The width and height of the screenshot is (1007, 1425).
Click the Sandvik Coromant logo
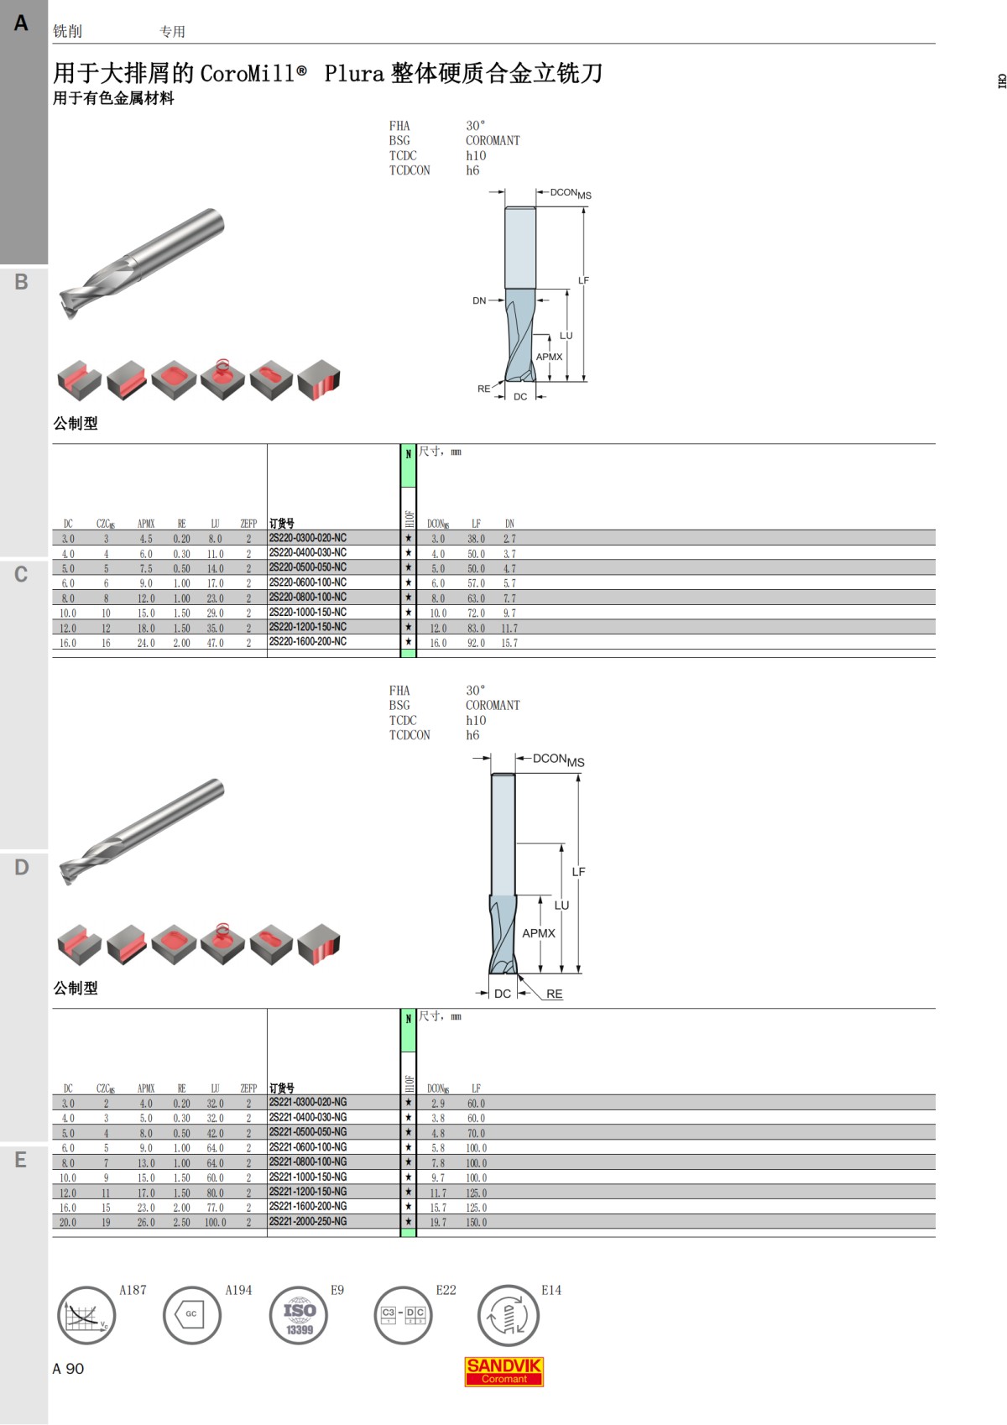pos(503,1371)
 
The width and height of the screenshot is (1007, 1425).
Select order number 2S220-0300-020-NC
pos(307,538)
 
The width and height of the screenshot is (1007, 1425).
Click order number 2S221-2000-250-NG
pos(307,1221)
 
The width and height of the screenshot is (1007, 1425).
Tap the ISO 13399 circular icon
pos(299,1315)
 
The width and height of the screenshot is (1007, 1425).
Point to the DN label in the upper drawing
pos(479,300)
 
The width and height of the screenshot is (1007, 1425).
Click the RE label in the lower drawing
pos(554,994)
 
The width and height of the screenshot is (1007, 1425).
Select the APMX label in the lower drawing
pos(538,933)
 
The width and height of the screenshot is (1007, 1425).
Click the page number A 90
pos(68,1369)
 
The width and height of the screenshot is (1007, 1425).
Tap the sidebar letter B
pos(22,282)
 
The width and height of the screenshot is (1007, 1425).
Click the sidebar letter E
pos(22,1160)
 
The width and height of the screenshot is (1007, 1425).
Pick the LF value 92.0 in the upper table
pos(476,643)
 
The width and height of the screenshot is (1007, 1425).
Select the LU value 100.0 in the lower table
pos(215,1222)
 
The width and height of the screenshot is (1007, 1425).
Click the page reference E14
pos(550,1290)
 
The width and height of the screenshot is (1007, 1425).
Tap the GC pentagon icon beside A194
pos(191,1315)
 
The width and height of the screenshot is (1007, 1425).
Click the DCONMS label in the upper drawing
pos(570,194)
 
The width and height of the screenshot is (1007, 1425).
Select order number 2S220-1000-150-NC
pos(307,613)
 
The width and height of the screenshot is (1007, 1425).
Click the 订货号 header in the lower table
pos(281,1088)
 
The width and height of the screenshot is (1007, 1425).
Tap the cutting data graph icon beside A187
pos(86,1315)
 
